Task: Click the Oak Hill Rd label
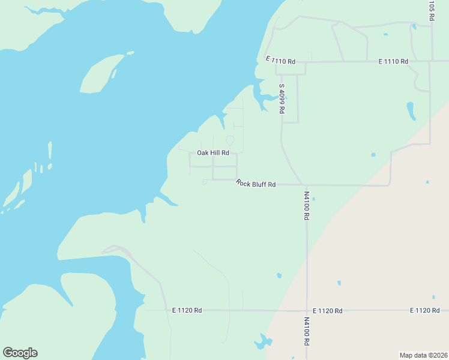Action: point(213,153)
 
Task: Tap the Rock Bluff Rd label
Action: point(256,184)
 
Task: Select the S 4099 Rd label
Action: point(282,99)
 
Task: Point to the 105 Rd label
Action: point(431,10)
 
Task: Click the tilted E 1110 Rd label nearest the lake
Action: point(281,61)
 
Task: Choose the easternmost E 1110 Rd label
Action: point(393,62)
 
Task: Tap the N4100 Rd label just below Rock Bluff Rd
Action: point(306,206)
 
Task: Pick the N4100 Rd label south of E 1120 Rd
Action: point(306,331)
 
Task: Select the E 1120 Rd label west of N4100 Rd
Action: point(187,310)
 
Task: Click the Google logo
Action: point(20,353)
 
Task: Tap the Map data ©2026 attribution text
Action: point(423,355)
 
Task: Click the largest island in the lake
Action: point(101,74)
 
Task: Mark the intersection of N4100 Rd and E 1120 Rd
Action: point(307,311)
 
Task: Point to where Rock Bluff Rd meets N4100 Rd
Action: point(306,185)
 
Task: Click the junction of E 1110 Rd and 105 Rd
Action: point(430,61)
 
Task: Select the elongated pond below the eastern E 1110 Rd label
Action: point(411,110)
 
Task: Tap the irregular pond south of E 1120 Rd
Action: point(263,342)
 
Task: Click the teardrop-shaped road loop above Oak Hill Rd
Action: point(230,140)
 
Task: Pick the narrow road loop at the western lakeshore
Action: point(114,248)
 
